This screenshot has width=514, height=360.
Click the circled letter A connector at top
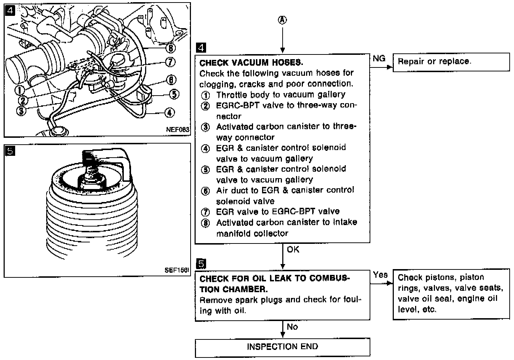pyautogui.click(x=282, y=20)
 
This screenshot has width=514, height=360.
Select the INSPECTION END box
pyautogui.click(x=282, y=347)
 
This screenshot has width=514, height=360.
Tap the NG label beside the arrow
pyautogui.click(x=379, y=58)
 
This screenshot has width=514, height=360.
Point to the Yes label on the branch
pyautogui.click(x=380, y=275)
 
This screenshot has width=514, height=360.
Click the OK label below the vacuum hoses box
pyautogui.click(x=293, y=249)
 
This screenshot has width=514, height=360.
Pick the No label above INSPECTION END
pyautogui.click(x=292, y=327)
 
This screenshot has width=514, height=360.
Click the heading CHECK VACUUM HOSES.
pyautogui.click(x=251, y=63)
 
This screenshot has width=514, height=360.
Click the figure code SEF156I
pyautogui.click(x=177, y=270)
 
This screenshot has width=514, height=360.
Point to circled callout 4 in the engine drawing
pyautogui.click(x=170, y=113)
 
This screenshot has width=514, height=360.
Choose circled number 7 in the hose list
pyautogui.click(x=205, y=212)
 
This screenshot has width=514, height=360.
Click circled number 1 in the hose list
pyautogui.click(x=205, y=96)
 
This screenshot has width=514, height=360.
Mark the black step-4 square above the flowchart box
pyautogui.click(x=201, y=48)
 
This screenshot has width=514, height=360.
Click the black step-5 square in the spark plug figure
pyautogui.click(x=10, y=151)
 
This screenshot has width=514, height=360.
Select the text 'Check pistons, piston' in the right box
pyautogui.click(x=441, y=277)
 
